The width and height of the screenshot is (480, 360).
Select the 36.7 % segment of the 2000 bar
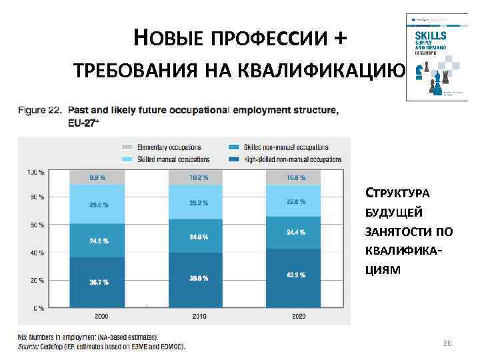(x=97, y=283)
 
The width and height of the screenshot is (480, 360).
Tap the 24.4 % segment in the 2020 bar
(x=293, y=232)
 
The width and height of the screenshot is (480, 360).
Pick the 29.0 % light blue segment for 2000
(x=97, y=205)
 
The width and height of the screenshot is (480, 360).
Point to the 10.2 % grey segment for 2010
(x=196, y=177)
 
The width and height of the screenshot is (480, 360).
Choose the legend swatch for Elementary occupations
(x=127, y=147)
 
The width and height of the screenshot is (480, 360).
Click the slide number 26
(x=447, y=343)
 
